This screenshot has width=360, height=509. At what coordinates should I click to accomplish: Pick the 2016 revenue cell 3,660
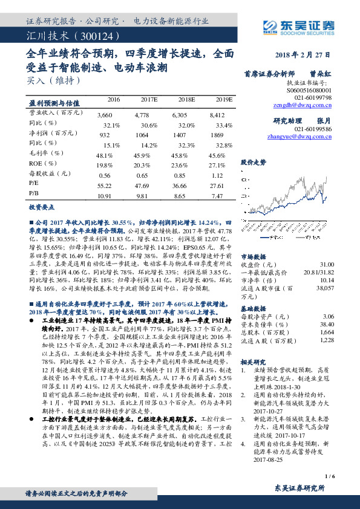(105, 114)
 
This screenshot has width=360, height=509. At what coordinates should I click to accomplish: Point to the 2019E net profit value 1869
(224, 135)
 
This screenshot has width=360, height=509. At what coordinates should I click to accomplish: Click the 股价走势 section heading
(254, 162)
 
